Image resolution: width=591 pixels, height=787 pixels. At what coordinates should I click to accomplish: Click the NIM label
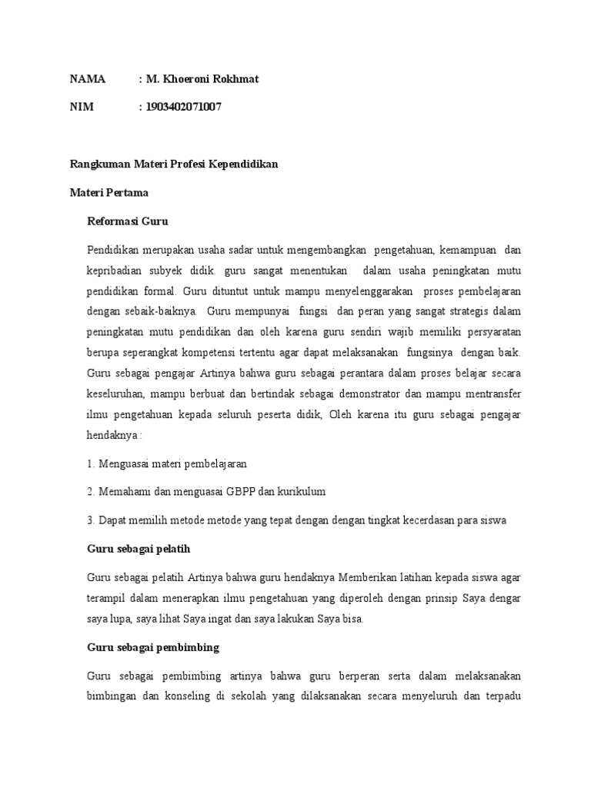82,107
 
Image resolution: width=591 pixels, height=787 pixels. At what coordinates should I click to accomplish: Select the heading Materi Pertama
109,192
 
